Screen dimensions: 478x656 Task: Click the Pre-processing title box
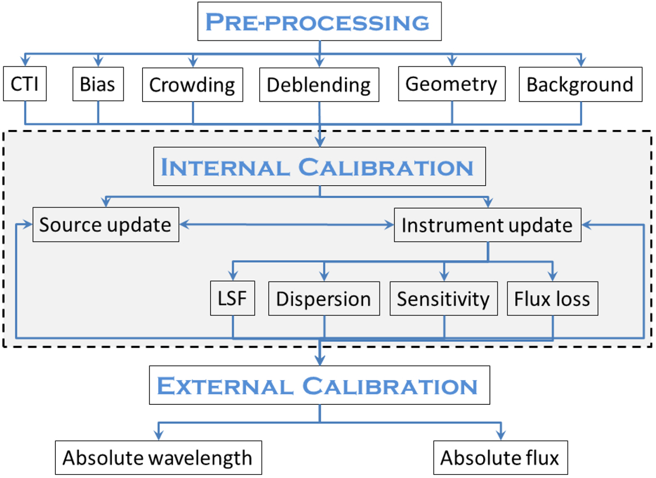click(320, 22)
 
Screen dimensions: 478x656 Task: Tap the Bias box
click(98, 85)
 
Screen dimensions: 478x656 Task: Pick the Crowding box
click(192, 85)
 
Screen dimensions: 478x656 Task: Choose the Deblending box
click(319, 85)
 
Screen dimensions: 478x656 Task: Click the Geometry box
click(452, 84)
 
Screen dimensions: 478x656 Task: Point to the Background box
click(580, 85)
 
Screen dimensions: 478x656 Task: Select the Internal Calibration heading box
click(320, 167)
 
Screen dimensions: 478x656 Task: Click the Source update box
click(106, 225)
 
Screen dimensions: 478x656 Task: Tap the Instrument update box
click(487, 225)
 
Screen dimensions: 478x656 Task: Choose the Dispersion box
click(324, 299)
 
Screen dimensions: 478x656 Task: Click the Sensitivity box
click(443, 299)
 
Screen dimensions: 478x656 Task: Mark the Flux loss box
click(552, 299)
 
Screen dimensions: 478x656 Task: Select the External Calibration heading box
click(320, 385)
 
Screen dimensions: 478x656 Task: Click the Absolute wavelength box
click(158, 457)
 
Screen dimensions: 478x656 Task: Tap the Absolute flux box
click(500, 457)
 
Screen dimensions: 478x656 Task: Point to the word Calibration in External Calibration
click(390, 386)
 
